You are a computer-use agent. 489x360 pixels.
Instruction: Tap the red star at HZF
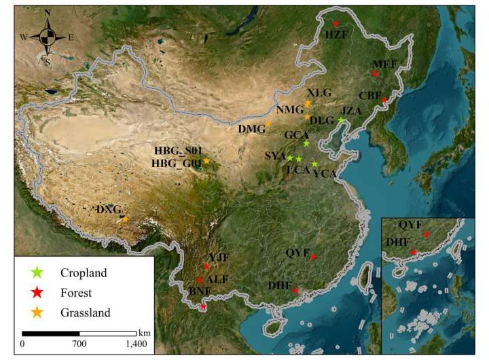click(x=335, y=24)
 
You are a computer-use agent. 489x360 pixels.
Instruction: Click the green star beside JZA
click(x=341, y=120)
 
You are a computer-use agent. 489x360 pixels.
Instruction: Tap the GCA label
click(x=297, y=134)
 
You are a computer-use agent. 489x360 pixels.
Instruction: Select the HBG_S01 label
click(x=176, y=150)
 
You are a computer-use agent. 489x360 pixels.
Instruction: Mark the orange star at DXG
click(x=125, y=219)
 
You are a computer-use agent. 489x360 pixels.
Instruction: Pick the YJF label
click(x=219, y=257)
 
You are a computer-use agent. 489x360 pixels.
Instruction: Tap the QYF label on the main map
click(x=297, y=252)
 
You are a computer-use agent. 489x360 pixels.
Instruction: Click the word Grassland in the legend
click(x=85, y=312)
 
